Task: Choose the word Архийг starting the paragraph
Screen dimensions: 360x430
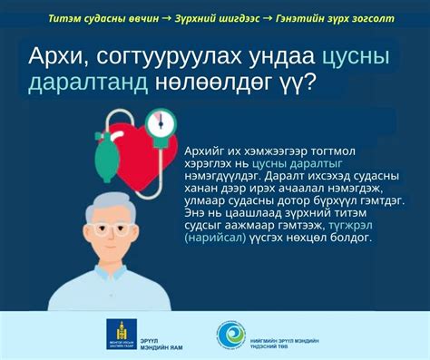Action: click(206, 150)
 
